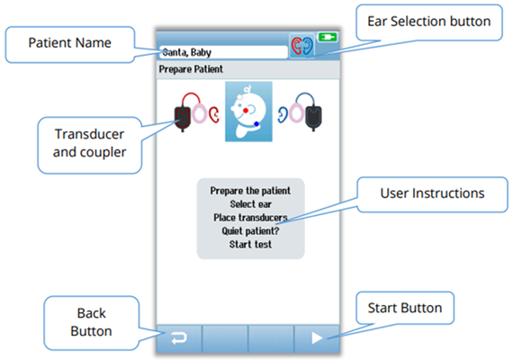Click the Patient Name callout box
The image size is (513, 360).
[70, 42]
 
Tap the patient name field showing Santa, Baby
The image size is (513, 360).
[222, 51]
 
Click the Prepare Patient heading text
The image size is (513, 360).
[191, 69]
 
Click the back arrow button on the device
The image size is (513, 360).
[178, 338]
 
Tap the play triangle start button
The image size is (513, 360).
[317, 338]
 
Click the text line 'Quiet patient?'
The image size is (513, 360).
[250, 229]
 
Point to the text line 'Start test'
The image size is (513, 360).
[250, 243]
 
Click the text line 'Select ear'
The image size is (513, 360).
[250, 203]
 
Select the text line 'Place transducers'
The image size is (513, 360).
[250, 217]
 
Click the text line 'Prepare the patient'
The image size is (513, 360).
[250, 191]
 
